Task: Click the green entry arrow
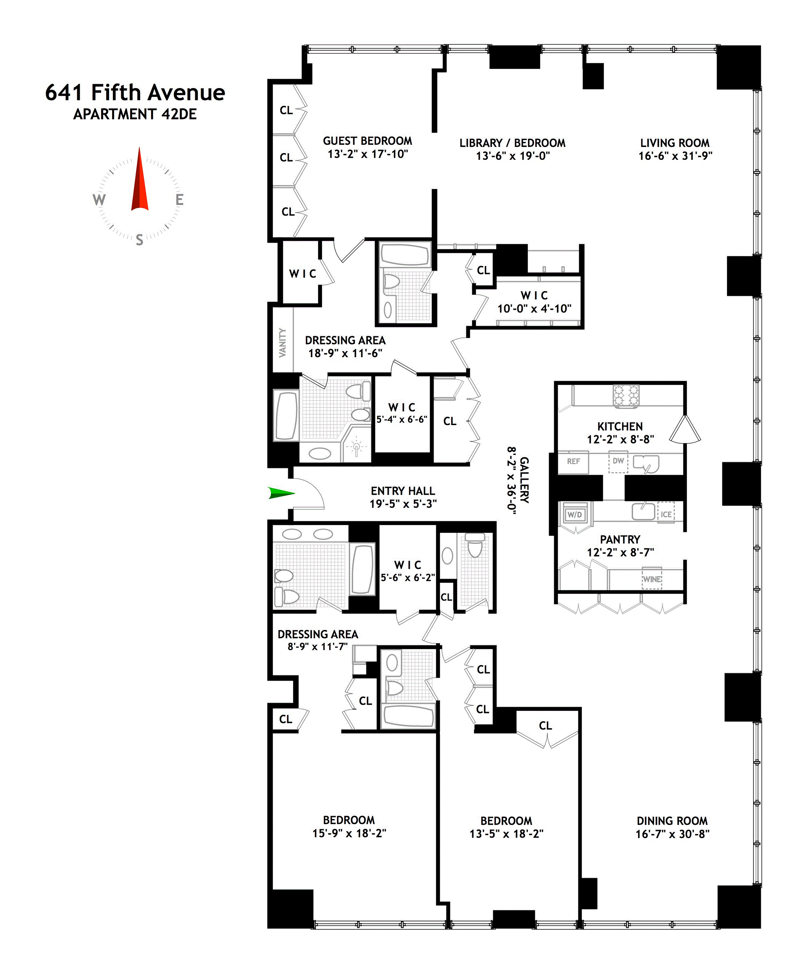click(x=281, y=493)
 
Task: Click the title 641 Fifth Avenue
click(x=135, y=92)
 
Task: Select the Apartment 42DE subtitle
click(x=135, y=114)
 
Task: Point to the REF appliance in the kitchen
click(x=573, y=462)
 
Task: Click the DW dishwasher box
click(x=618, y=461)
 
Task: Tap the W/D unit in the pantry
click(x=574, y=514)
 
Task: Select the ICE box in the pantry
click(x=666, y=514)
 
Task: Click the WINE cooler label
click(x=652, y=579)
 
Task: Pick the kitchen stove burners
click(x=626, y=396)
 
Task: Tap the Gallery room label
click(x=524, y=480)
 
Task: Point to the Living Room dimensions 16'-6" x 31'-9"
click(x=675, y=156)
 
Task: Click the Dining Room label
click(x=672, y=821)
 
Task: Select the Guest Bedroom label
click(x=367, y=141)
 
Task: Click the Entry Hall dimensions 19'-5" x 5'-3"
click(x=403, y=504)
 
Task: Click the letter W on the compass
click(x=99, y=200)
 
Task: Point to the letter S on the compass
click(x=139, y=240)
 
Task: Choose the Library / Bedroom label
click(x=512, y=143)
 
